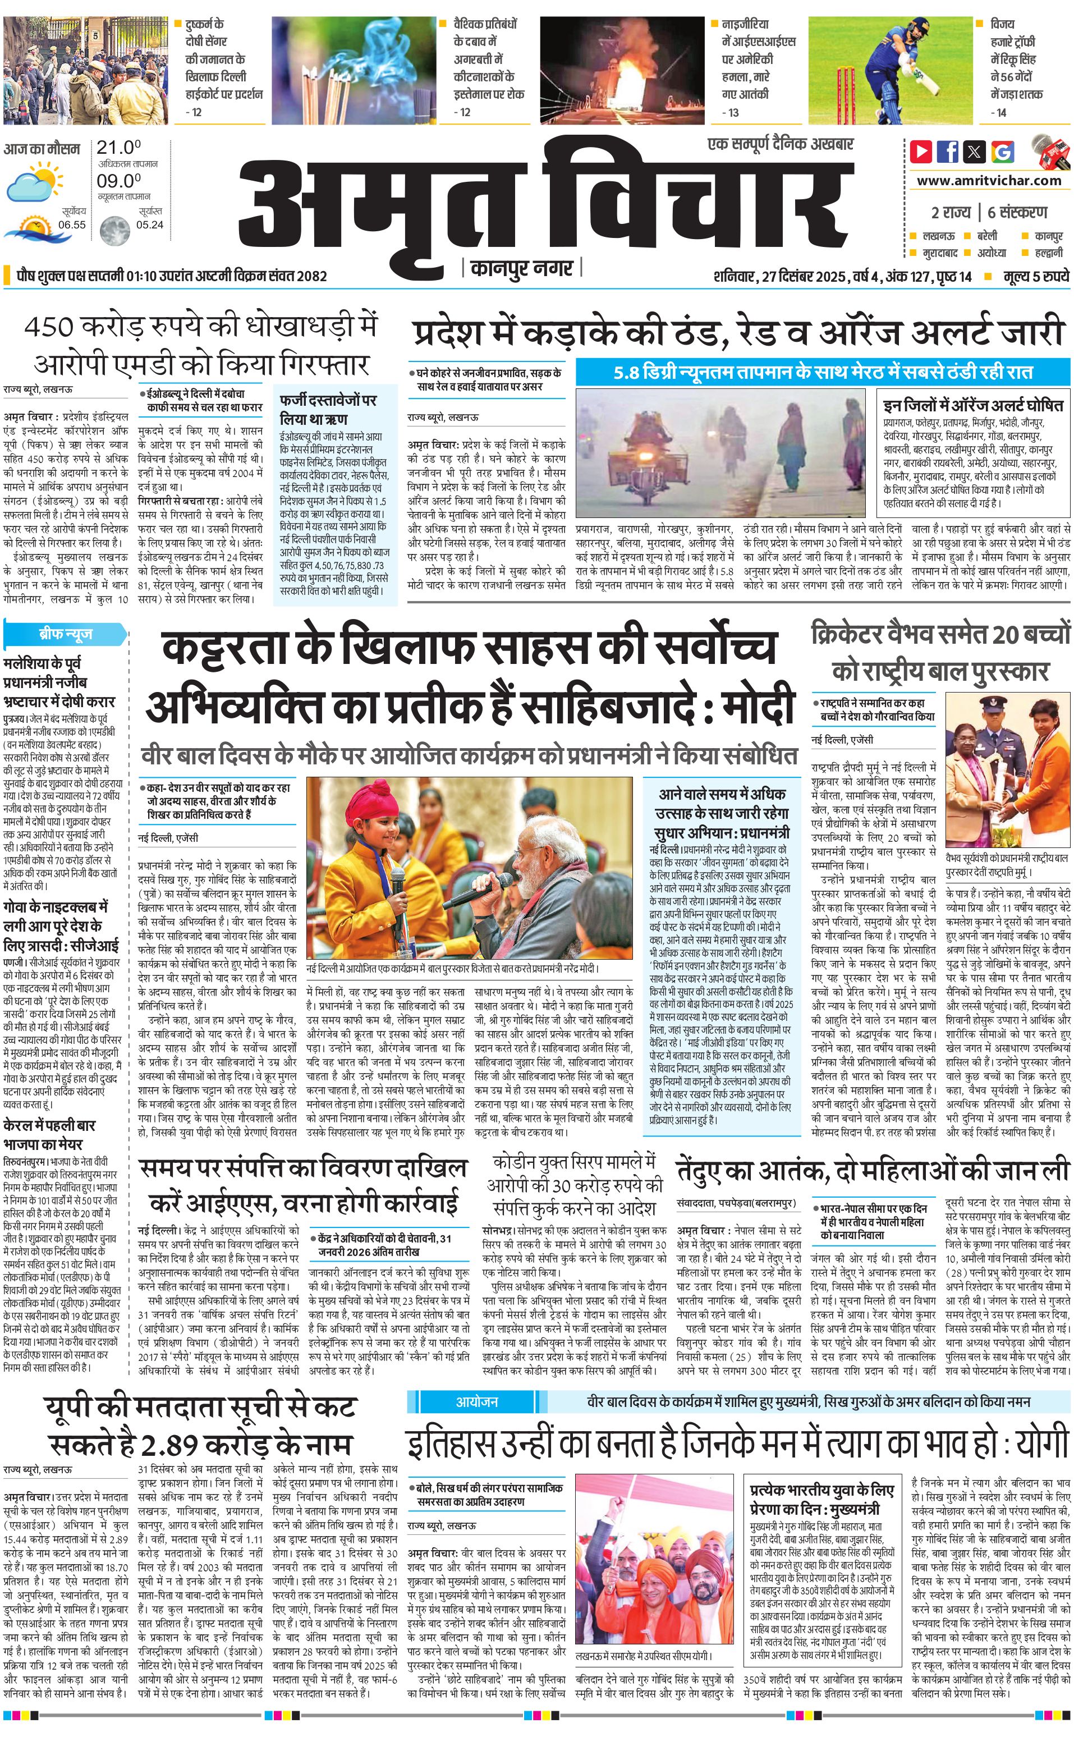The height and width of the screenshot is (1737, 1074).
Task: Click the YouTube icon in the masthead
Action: pos(921,152)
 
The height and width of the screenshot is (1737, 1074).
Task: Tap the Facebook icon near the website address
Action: pos(948,152)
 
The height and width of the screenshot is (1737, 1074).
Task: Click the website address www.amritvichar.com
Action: pos(989,181)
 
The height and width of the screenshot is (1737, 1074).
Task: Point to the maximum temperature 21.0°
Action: pos(118,148)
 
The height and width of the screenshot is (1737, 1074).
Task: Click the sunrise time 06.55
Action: pos(72,224)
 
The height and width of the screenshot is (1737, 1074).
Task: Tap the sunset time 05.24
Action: pos(149,224)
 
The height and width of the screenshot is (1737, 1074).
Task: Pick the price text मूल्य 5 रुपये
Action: pos(1036,276)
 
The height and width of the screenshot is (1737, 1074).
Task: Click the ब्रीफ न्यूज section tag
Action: pos(65,634)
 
